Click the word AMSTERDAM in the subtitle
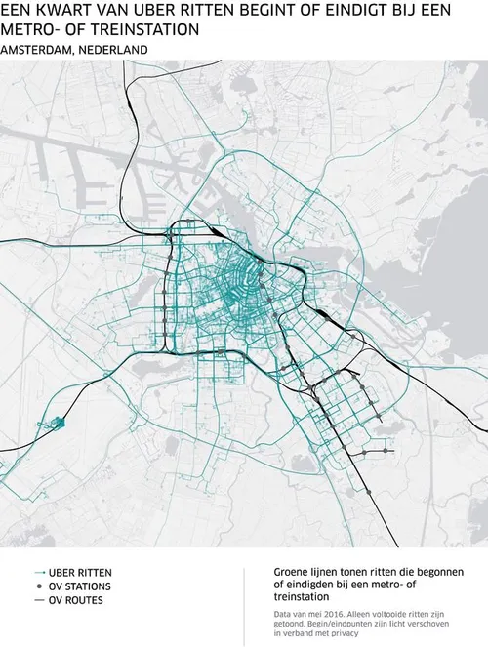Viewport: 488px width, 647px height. [39, 48]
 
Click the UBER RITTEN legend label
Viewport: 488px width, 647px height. [79, 572]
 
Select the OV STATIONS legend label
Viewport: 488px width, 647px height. [79, 586]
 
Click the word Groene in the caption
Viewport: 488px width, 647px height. [292, 572]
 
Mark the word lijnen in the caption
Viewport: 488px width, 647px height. [331, 572]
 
